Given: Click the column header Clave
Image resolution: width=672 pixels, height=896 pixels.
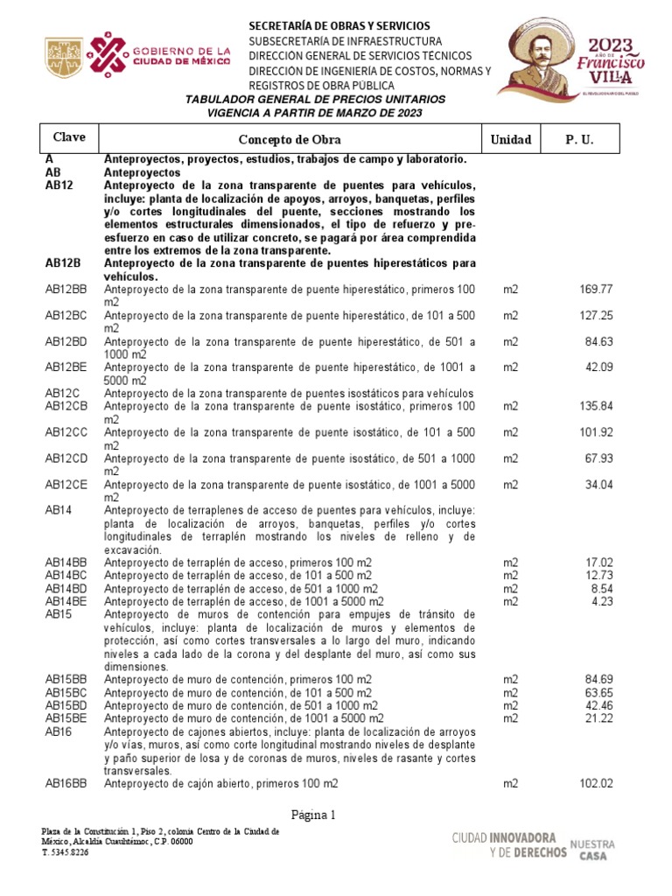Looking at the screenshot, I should coord(69,138).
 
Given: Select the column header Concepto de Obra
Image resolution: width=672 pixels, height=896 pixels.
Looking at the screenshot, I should coord(290,139).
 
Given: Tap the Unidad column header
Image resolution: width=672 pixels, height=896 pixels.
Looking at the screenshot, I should coord(510,139).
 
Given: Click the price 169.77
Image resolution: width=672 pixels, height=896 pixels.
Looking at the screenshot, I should coord(597,290).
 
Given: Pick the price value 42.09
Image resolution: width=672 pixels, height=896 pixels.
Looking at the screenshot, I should coord(599,367).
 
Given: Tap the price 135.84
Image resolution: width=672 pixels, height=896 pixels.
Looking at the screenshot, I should coord(597,406).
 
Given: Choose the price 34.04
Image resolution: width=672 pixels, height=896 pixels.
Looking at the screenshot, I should coord(599,485).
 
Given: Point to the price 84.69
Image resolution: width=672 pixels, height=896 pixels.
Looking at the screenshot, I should coord(599,680).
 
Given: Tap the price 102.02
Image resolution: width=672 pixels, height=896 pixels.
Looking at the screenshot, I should coord(597,784).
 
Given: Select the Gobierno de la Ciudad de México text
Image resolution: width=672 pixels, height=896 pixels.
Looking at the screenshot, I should coord(182,57).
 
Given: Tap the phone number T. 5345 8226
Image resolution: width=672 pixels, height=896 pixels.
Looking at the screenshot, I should coord(66,851).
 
